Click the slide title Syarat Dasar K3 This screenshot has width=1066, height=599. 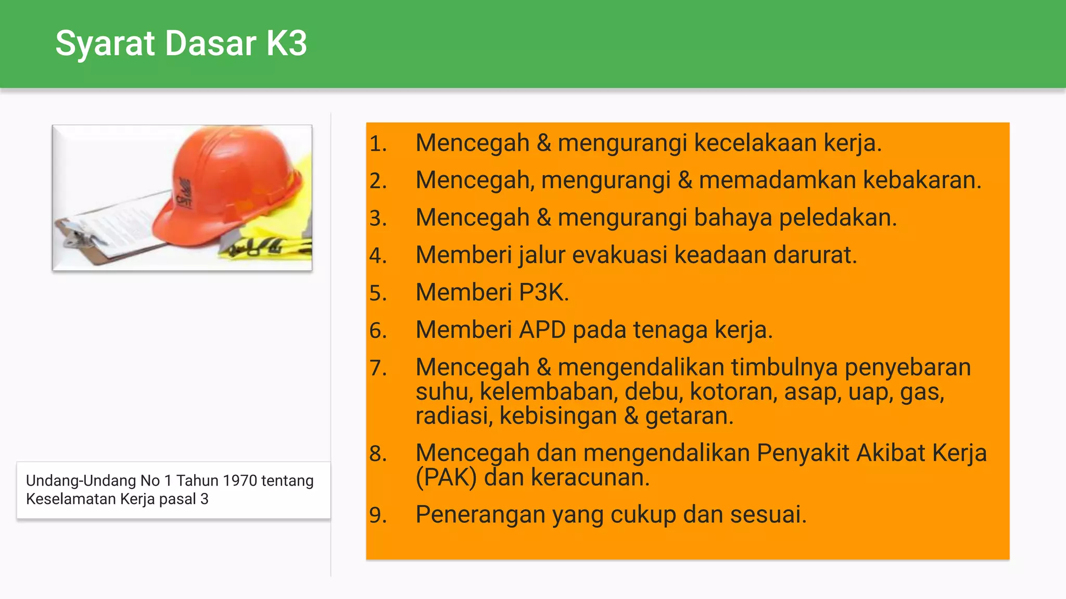point(181,43)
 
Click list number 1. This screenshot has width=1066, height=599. point(378,144)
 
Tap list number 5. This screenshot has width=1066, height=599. point(378,293)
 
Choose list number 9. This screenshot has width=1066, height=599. point(378,515)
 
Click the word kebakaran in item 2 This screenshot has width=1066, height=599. point(922,180)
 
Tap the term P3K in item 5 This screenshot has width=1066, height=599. point(544,292)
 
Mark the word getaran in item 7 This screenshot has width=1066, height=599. point(689,416)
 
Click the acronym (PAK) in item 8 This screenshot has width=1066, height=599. point(446,477)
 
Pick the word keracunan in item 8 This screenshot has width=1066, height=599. point(590,477)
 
